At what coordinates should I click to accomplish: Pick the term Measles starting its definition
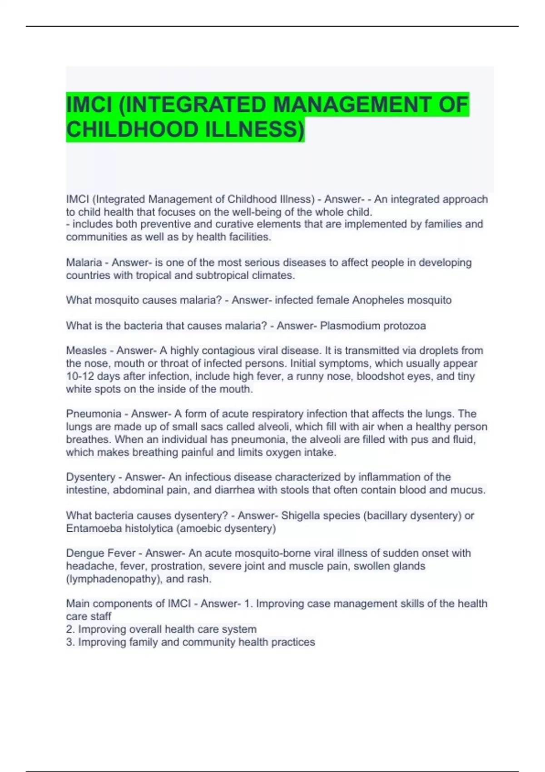(x=86, y=351)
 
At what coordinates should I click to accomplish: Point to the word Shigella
(x=300, y=515)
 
